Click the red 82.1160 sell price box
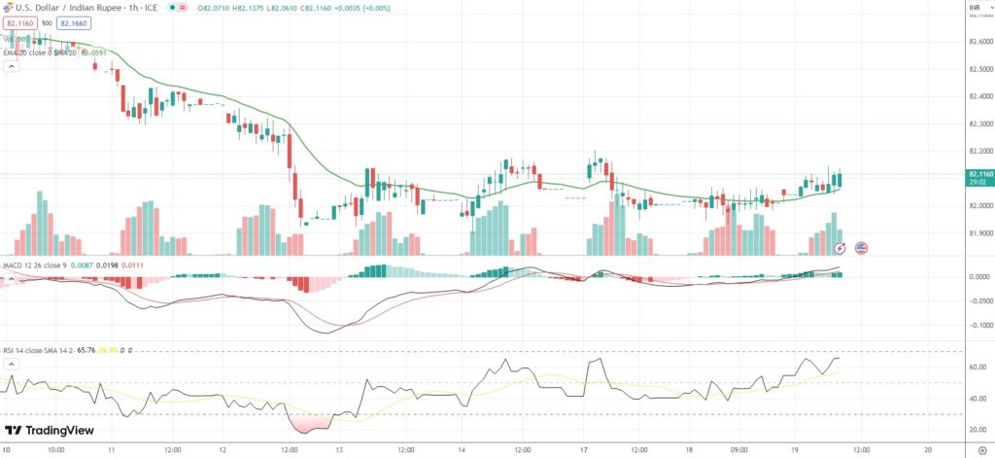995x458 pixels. point(18,22)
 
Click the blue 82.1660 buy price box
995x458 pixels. point(72,22)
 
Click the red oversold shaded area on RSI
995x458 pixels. point(308,424)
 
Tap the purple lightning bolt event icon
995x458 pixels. point(840,248)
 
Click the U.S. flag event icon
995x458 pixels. point(861,248)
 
